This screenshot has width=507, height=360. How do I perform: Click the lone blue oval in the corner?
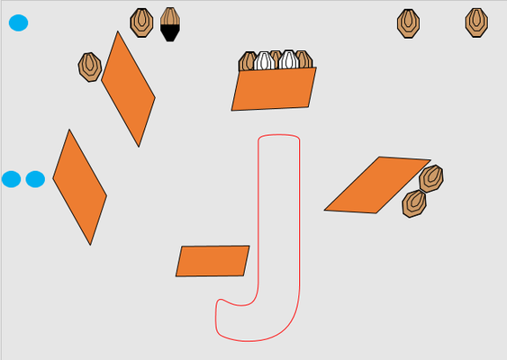[x=18, y=22]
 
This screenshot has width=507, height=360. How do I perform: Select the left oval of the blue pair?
[x=12, y=179]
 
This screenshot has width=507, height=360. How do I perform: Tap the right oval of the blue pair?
[x=35, y=179]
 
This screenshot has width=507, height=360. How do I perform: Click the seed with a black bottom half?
[x=170, y=24]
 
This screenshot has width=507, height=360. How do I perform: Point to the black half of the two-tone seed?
[x=170, y=33]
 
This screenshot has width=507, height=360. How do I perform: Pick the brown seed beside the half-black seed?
[x=141, y=22]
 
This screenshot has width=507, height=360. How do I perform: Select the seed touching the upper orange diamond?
[x=90, y=67]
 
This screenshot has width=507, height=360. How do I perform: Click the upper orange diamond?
[x=128, y=89]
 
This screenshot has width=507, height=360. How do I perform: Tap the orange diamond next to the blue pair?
[x=79, y=187]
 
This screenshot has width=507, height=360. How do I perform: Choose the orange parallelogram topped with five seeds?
[x=274, y=89]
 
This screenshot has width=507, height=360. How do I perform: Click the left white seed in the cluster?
[x=264, y=60]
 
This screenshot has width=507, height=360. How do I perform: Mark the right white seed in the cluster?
[x=289, y=59]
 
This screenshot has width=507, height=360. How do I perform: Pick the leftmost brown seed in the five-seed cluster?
[x=247, y=61]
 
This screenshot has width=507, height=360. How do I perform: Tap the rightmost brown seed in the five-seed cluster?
[x=305, y=59]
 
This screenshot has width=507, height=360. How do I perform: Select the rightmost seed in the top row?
[x=476, y=22]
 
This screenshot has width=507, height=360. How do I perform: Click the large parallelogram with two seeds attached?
[x=377, y=184]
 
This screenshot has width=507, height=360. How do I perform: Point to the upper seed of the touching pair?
[x=431, y=178]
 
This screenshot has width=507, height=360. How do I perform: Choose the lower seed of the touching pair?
[x=414, y=204]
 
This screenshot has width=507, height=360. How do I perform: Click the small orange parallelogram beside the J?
[x=213, y=261]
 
